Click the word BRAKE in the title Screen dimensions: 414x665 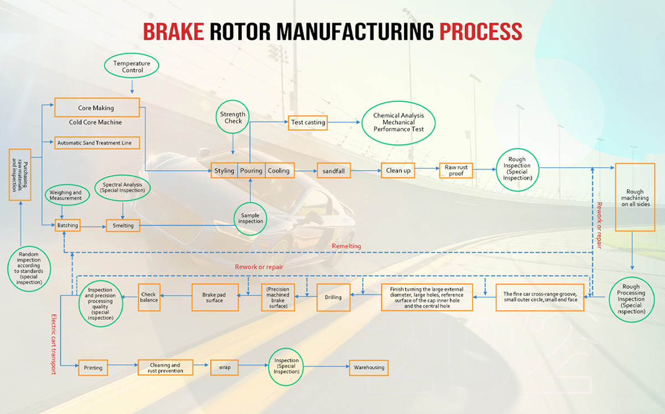[x=173, y=32]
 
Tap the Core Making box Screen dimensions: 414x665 [x=96, y=108]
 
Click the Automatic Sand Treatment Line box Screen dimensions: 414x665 [x=96, y=142]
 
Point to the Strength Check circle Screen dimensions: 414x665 [x=232, y=117]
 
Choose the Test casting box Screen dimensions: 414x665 [x=308, y=122]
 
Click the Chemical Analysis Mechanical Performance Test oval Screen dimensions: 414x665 [x=398, y=122]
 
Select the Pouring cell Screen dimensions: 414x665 [x=251, y=170]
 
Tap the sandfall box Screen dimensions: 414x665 [x=334, y=171]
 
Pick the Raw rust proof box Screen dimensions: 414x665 [x=456, y=171]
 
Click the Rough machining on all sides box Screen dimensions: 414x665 [x=636, y=197]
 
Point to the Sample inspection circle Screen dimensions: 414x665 [x=251, y=217]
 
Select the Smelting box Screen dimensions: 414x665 [x=124, y=226]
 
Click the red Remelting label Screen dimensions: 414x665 [x=346, y=246]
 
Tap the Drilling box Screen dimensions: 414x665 [x=333, y=298]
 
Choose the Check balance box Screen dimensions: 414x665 [x=149, y=297]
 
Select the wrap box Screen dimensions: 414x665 [x=224, y=367]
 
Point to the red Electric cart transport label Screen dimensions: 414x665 [x=54, y=344]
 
